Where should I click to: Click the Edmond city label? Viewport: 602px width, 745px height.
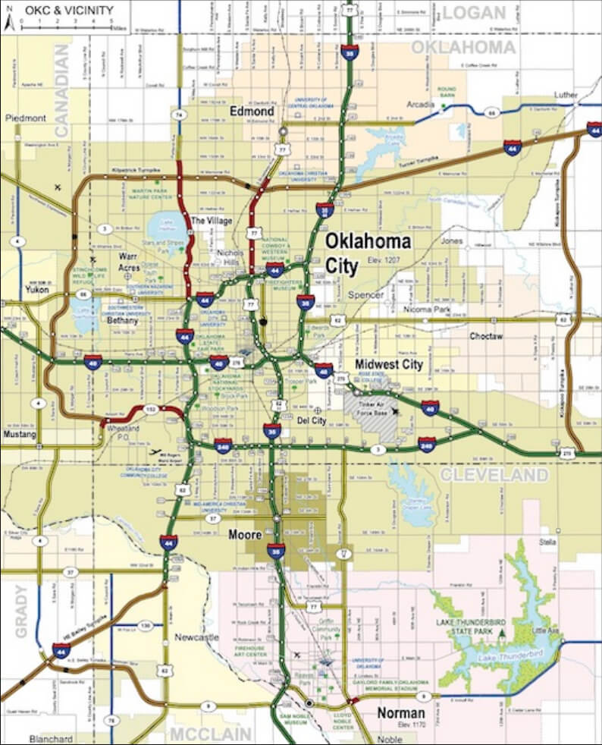point(252,112)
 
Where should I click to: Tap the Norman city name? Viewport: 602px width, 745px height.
point(401,714)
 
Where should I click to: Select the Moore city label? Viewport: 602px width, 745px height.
point(246,535)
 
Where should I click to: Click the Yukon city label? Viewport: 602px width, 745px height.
point(36,289)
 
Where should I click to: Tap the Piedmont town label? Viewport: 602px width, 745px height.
point(25,118)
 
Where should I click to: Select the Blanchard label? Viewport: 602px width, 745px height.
point(51,739)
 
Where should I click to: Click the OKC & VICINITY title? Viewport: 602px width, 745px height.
point(68,11)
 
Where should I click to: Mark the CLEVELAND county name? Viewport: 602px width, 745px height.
point(494,475)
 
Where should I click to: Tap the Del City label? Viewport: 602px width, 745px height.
point(312,420)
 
